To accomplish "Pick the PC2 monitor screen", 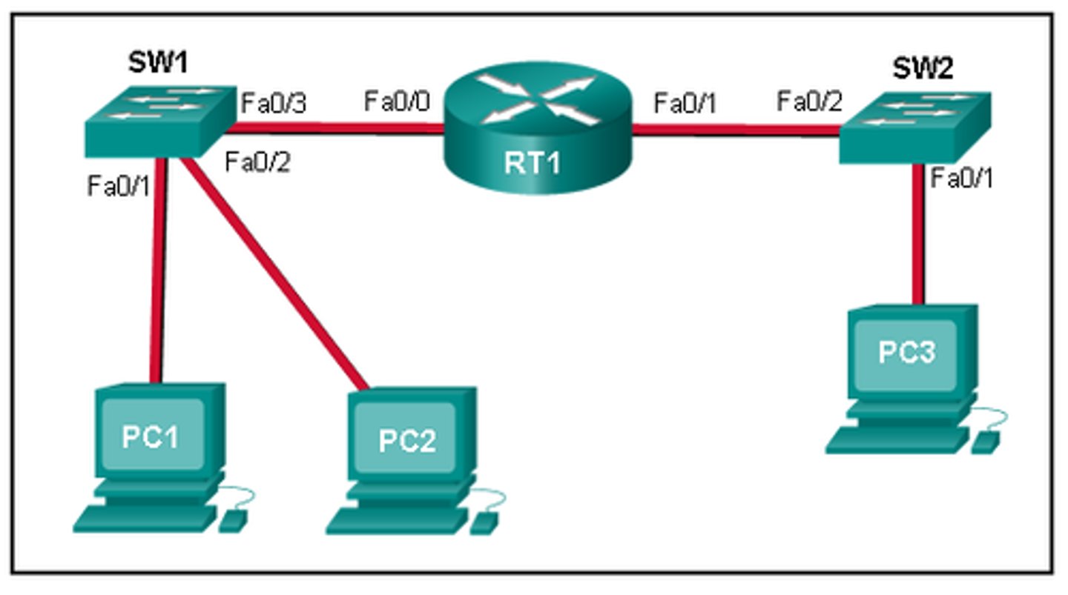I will pos(406,439).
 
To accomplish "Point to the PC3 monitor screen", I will pos(906,352).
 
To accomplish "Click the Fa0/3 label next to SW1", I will pos(272,103).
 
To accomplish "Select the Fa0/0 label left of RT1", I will pos(397,101).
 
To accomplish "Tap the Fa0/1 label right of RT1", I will pos(685,104).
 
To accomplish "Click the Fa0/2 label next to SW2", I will pos(809,101).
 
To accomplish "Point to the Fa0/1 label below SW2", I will pos(961,179).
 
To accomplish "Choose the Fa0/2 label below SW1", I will pos(257,162).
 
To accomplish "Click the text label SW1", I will pos(157,63).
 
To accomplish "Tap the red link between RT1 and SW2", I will pos(734,131).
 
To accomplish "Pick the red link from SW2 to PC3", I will pos(917,237).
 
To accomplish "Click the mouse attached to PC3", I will pos(986,442).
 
